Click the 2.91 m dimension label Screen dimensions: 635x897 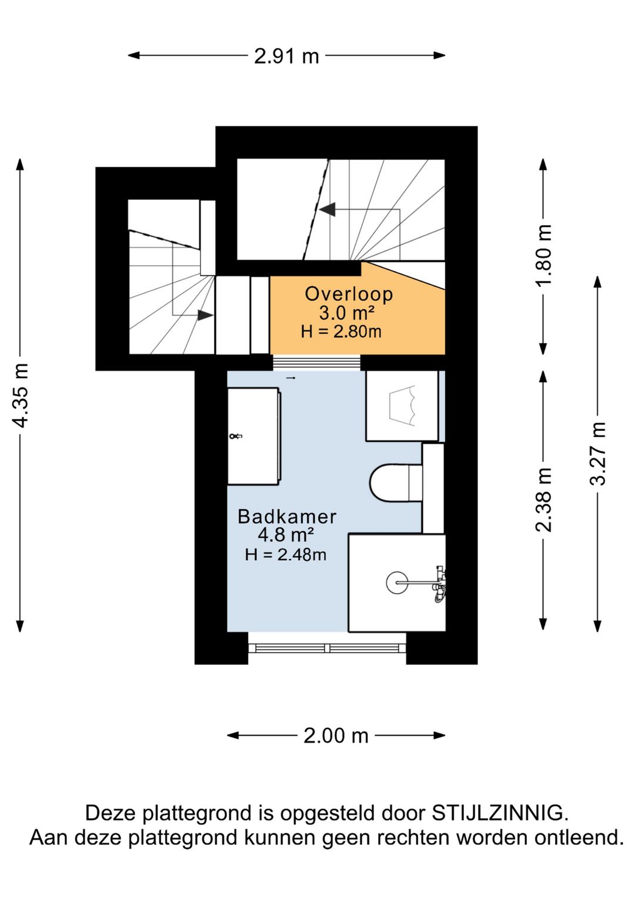[x=286, y=56]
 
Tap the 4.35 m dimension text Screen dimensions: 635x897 [x=20, y=395]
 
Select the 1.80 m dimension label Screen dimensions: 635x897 [x=544, y=255]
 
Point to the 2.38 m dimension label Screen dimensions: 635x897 [x=544, y=500]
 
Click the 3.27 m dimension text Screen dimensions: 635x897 [x=598, y=454]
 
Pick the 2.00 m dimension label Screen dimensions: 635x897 [x=336, y=735]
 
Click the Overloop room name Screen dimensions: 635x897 [x=349, y=294]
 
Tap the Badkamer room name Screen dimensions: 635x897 [x=287, y=517]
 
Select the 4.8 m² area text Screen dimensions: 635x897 [x=285, y=535]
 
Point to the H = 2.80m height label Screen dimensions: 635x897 [x=342, y=332]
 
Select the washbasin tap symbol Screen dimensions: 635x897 [x=236, y=436]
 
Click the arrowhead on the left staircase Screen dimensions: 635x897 [x=206, y=315]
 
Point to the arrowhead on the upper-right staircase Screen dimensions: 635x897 [x=327, y=209]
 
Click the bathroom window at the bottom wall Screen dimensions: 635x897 [x=327, y=648]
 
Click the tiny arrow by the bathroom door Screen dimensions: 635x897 [x=291, y=377]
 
